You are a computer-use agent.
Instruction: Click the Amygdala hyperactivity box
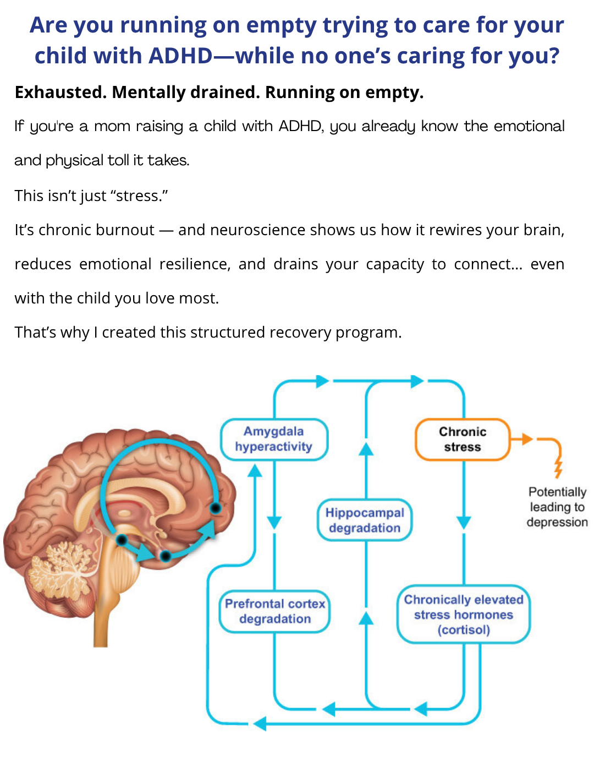pos(274,439)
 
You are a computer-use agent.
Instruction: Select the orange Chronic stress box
pos(463,439)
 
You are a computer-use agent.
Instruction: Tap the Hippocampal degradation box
pos(365,520)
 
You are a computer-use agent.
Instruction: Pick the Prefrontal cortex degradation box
pos(274,611)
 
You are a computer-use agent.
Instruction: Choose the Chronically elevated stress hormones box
pos(464,615)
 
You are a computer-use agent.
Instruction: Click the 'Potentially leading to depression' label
pos(557,507)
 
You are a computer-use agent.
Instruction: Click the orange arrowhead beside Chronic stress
pos(527,439)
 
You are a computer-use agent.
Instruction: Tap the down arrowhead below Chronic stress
pos(464,522)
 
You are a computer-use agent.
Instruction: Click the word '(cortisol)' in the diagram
pos(464,629)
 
